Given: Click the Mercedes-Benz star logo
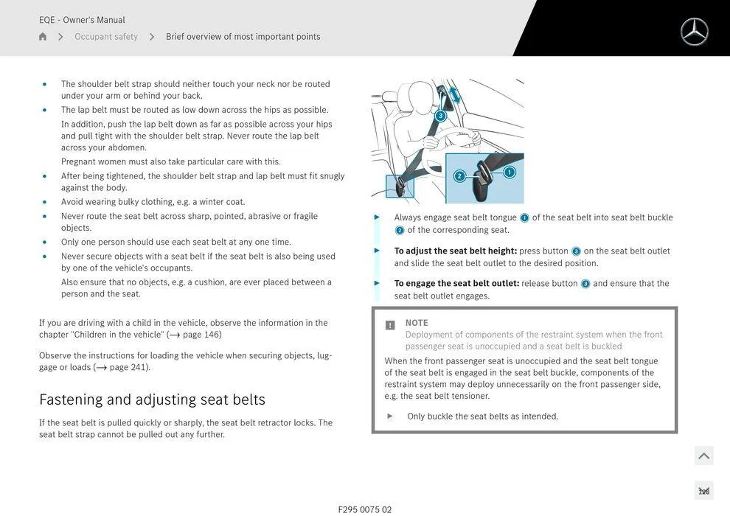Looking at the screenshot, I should click(694, 32).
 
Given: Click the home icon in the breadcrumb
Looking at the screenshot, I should click(43, 37).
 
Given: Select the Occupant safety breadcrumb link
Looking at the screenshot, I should click(105, 37).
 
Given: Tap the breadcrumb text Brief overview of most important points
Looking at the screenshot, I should click(243, 37).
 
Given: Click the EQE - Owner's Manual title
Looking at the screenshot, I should click(82, 20).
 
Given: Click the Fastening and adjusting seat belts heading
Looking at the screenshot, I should click(152, 400).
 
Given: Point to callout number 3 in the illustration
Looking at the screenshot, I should click(440, 116).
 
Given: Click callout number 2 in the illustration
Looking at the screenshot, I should click(459, 176).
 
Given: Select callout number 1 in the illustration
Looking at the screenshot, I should click(509, 172).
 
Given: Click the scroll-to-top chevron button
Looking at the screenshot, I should click(703, 456).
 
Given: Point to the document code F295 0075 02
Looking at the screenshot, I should click(364, 509).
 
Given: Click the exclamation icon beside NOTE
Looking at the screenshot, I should click(390, 325).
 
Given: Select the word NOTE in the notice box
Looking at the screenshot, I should click(417, 323).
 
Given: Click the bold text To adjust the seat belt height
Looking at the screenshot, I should click(455, 251).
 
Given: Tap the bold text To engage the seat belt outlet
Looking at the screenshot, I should click(456, 284).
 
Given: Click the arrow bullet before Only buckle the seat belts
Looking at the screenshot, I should click(390, 416).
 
